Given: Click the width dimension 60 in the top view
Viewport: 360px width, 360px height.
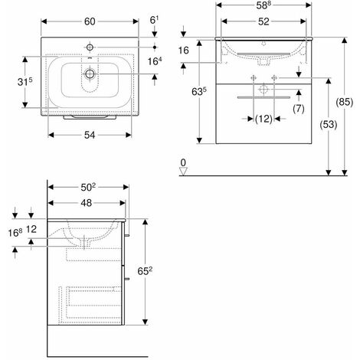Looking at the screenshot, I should coord(90,21).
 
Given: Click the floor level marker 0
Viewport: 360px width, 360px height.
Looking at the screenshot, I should coord(184,162).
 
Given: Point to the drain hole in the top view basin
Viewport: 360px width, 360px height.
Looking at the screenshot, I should coord(90,74).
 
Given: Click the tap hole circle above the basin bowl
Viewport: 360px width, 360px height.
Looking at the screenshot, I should coord(90,44).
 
